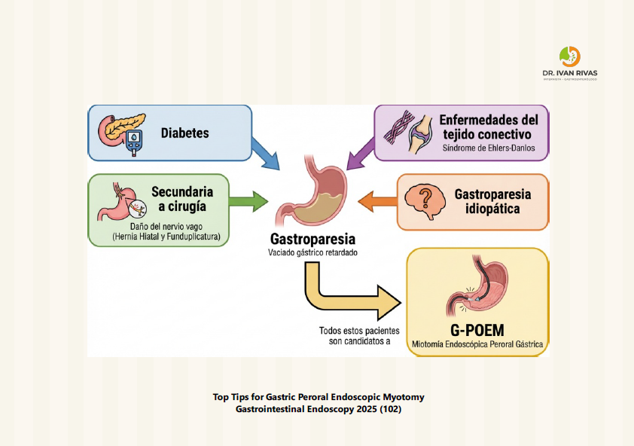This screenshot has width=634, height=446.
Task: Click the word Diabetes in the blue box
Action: click(x=184, y=133)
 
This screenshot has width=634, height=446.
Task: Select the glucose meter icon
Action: click(x=133, y=143)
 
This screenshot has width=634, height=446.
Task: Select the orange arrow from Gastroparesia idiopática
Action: click(x=376, y=200)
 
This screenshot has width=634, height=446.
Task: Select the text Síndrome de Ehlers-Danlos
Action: click(x=489, y=148)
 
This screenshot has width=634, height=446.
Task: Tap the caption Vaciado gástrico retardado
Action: click(x=312, y=253)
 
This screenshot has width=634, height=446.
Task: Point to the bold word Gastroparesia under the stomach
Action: click(x=312, y=239)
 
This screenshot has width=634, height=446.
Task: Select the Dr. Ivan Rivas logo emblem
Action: click(x=570, y=57)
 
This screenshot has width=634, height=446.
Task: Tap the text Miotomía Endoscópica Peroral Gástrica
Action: click(x=477, y=345)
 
